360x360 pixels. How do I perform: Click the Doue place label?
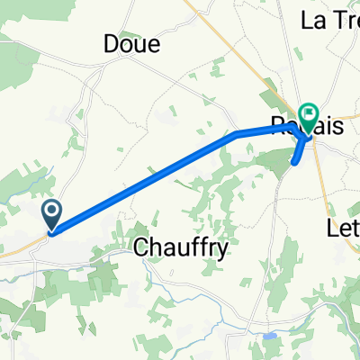coord(131,43)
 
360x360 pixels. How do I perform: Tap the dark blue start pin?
coord(52,214)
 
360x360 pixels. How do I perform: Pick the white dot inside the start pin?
coord(52,211)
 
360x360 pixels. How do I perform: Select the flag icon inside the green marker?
coord(310,113)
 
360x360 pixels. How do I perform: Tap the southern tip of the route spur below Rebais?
coord(294,163)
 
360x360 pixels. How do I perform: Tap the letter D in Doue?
coord(112,43)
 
